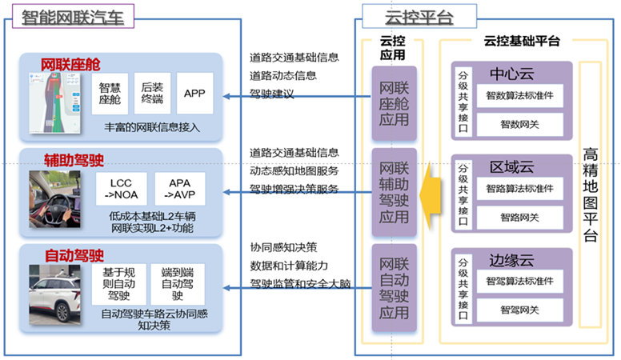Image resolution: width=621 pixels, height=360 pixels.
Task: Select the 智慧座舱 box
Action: (x=110, y=94)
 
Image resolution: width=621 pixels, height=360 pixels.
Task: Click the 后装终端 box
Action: (x=151, y=94)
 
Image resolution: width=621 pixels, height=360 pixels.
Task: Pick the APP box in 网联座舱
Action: (x=195, y=94)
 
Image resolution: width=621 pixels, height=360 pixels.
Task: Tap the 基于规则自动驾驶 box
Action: (x=119, y=284)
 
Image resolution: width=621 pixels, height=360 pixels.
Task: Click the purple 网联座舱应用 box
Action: (x=393, y=104)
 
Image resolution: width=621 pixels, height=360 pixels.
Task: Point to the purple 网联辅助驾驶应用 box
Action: (x=393, y=194)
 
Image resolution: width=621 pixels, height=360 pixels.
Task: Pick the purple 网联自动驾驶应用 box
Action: (x=393, y=290)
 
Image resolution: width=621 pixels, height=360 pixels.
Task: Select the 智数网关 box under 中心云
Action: (x=521, y=123)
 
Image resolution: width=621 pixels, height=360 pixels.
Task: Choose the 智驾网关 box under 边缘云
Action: (x=521, y=310)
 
